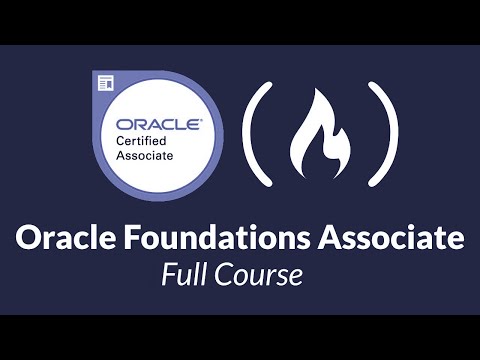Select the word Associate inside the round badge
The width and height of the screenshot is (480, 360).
pyautogui.click(x=144, y=156)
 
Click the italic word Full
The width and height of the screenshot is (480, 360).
pyautogui.click(x=184, y=274)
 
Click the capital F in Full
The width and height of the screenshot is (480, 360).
pyautogui.click(x=168, y=274)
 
